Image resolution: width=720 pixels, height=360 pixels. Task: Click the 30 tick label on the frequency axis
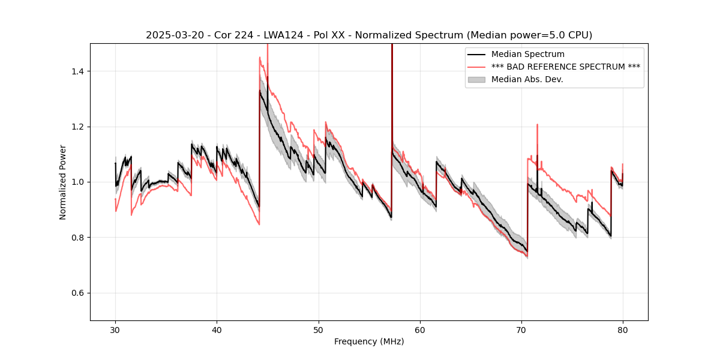click(115, 329)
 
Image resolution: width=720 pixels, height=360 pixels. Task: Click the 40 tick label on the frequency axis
click(217, 329)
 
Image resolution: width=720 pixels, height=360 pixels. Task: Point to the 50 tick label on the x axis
click(318, 329)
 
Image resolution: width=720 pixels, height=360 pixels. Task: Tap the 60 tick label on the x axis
click(419, 329)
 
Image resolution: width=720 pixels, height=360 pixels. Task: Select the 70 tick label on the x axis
click(521, 329)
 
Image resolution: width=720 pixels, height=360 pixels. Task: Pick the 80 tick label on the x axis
click(622, 329)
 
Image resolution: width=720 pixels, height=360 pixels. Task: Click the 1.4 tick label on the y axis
click(77, 71)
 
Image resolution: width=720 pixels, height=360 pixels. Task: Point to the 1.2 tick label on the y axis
click(77, 127)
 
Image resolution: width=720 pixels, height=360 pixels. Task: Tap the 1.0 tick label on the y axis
click(77, 182)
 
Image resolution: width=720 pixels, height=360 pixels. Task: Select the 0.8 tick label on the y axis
click(77, 238)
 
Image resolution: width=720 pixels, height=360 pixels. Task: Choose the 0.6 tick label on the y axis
click(77, 293)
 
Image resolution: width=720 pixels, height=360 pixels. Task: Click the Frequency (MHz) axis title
click(369, 341)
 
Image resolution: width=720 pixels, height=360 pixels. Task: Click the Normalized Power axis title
click(63, 182)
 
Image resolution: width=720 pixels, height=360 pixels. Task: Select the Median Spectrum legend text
click(527, 54)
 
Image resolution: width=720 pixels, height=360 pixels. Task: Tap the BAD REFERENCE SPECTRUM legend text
click(565, 67)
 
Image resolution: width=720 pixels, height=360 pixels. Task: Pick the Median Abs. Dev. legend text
click(527, 79)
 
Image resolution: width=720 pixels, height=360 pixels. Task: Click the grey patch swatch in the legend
click(477, 79)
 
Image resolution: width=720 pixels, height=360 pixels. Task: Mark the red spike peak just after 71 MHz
click(537, 125)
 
